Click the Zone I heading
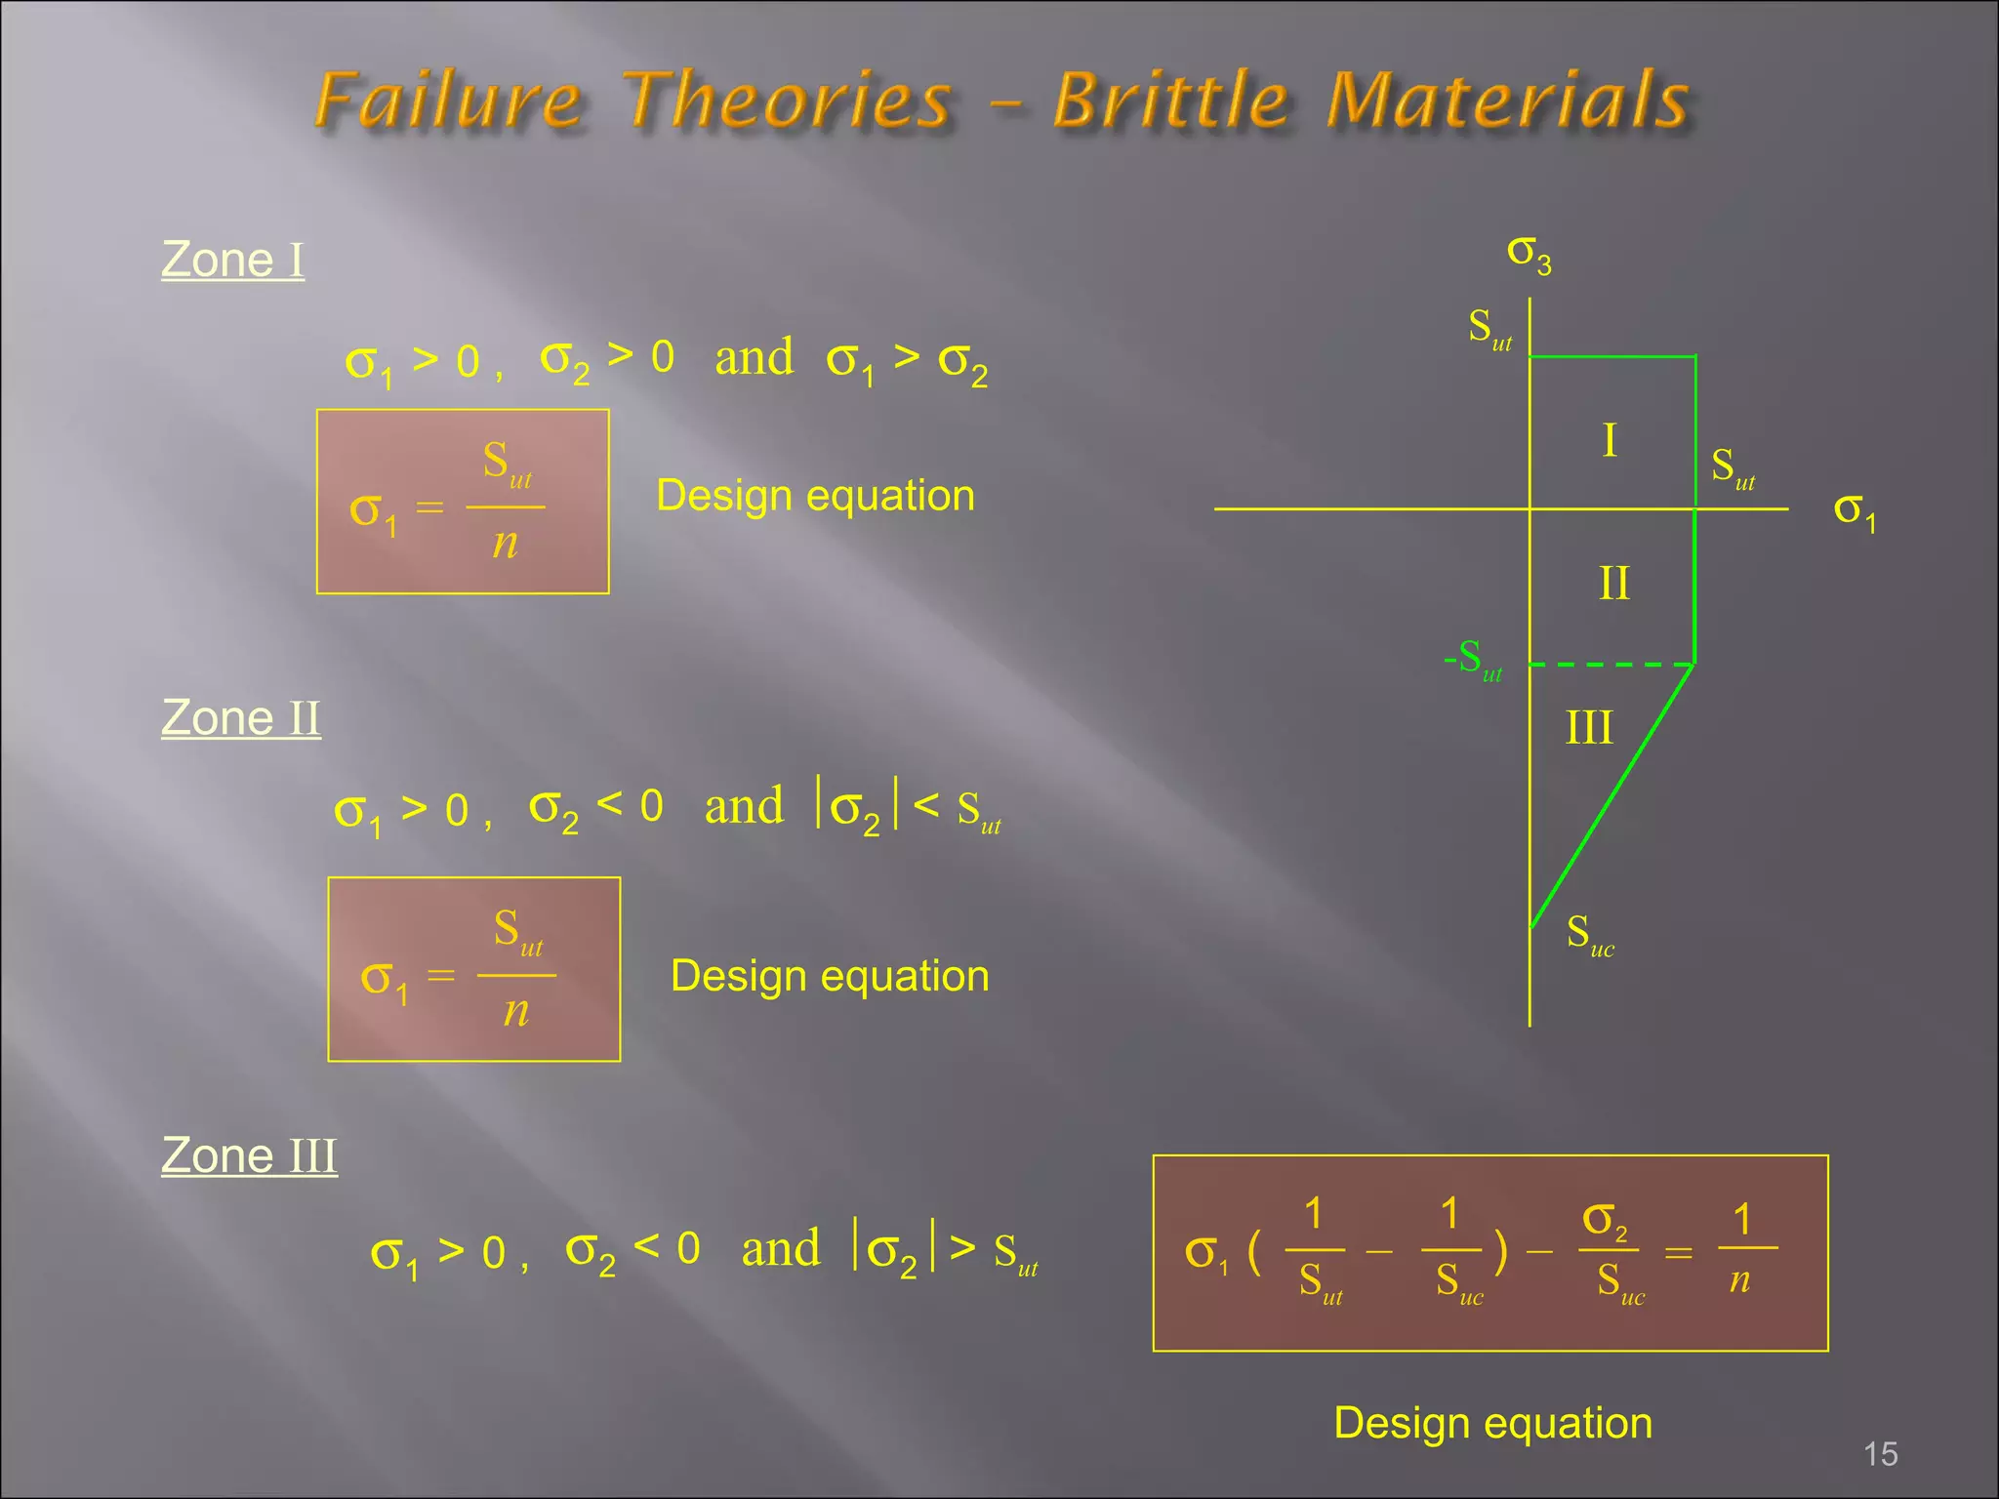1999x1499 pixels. coord(232,260)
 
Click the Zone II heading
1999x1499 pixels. coord(240,718)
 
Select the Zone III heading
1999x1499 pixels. coord(249,1155)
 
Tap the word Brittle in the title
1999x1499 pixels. coord(1172,100)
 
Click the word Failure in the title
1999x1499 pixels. coord(449,101)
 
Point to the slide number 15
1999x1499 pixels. coord(1880,1454)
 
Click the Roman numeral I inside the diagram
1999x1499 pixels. coord(1610,440)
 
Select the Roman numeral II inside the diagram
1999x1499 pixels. coord(1613,584)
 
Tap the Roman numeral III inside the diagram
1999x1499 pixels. coord(1589,728)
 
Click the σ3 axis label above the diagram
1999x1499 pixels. coord(1529,254)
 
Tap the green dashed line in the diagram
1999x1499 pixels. coord(1611,665)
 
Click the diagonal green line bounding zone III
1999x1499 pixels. coord(1611,795)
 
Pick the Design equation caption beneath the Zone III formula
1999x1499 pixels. coord(1492,1423)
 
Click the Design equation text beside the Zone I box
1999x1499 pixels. coord(815,496)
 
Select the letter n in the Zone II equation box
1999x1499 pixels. coord(516,1011)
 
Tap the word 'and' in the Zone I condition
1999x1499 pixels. coord(754,357)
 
